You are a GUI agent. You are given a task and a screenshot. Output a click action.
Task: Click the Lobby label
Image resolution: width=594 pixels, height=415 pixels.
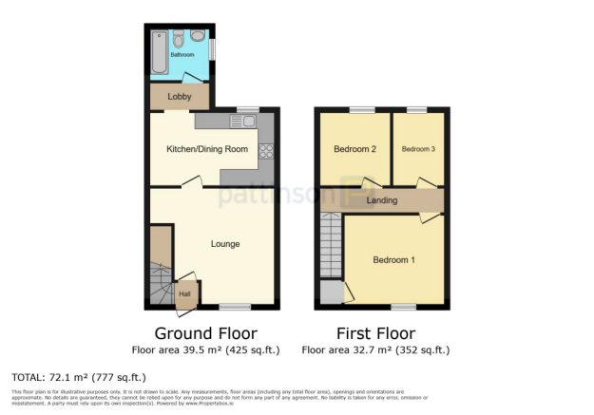[x=180, y=97]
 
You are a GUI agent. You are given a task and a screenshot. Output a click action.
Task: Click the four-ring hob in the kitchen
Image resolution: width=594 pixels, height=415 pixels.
[x=266, y=150]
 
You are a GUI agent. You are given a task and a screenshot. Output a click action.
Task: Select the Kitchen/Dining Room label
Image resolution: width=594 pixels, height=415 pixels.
[x=207, y=149]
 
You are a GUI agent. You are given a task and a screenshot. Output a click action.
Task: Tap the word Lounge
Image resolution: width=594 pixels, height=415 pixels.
[x=225, y=244]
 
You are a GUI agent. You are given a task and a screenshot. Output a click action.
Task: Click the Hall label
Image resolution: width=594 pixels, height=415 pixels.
[x=184, y=293]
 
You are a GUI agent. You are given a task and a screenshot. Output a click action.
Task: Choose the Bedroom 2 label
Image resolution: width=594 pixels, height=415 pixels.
[x=355, y=149]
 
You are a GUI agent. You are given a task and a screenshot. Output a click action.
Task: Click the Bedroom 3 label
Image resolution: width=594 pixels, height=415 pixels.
[x=418, y=149]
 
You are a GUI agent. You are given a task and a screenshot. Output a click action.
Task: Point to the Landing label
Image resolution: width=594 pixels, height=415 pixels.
[x=382, y=200]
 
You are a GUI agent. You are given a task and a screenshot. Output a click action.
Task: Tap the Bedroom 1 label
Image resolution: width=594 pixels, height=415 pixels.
[x=393, y=260]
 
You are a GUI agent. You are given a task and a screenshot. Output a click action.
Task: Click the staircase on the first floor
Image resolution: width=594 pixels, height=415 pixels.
[x=330, y=245]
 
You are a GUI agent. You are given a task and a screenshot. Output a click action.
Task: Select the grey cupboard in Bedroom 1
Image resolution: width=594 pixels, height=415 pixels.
[x=331, y=292]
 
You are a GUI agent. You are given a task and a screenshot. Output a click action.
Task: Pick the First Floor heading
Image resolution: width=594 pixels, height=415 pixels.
[x=375, y=333]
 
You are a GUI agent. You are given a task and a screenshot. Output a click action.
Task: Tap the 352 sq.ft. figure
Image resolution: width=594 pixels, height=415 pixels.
[x=424, y=349]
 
